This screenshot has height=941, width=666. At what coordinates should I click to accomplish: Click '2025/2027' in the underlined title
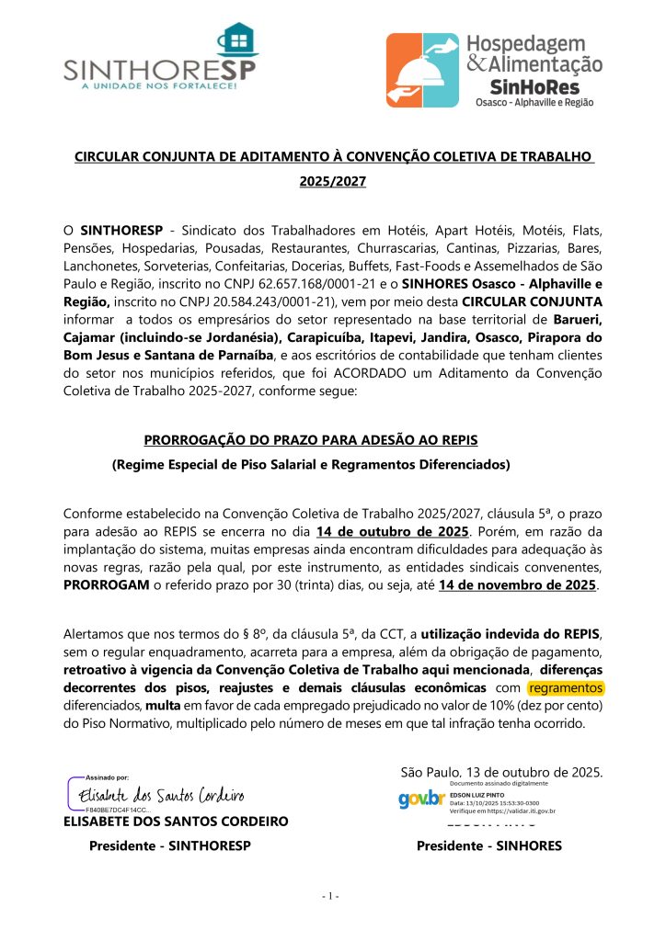[333, 182]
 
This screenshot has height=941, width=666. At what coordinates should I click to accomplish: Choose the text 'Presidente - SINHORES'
[489, 845]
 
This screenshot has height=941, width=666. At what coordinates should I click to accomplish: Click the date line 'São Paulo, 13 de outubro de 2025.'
[502, 770]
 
